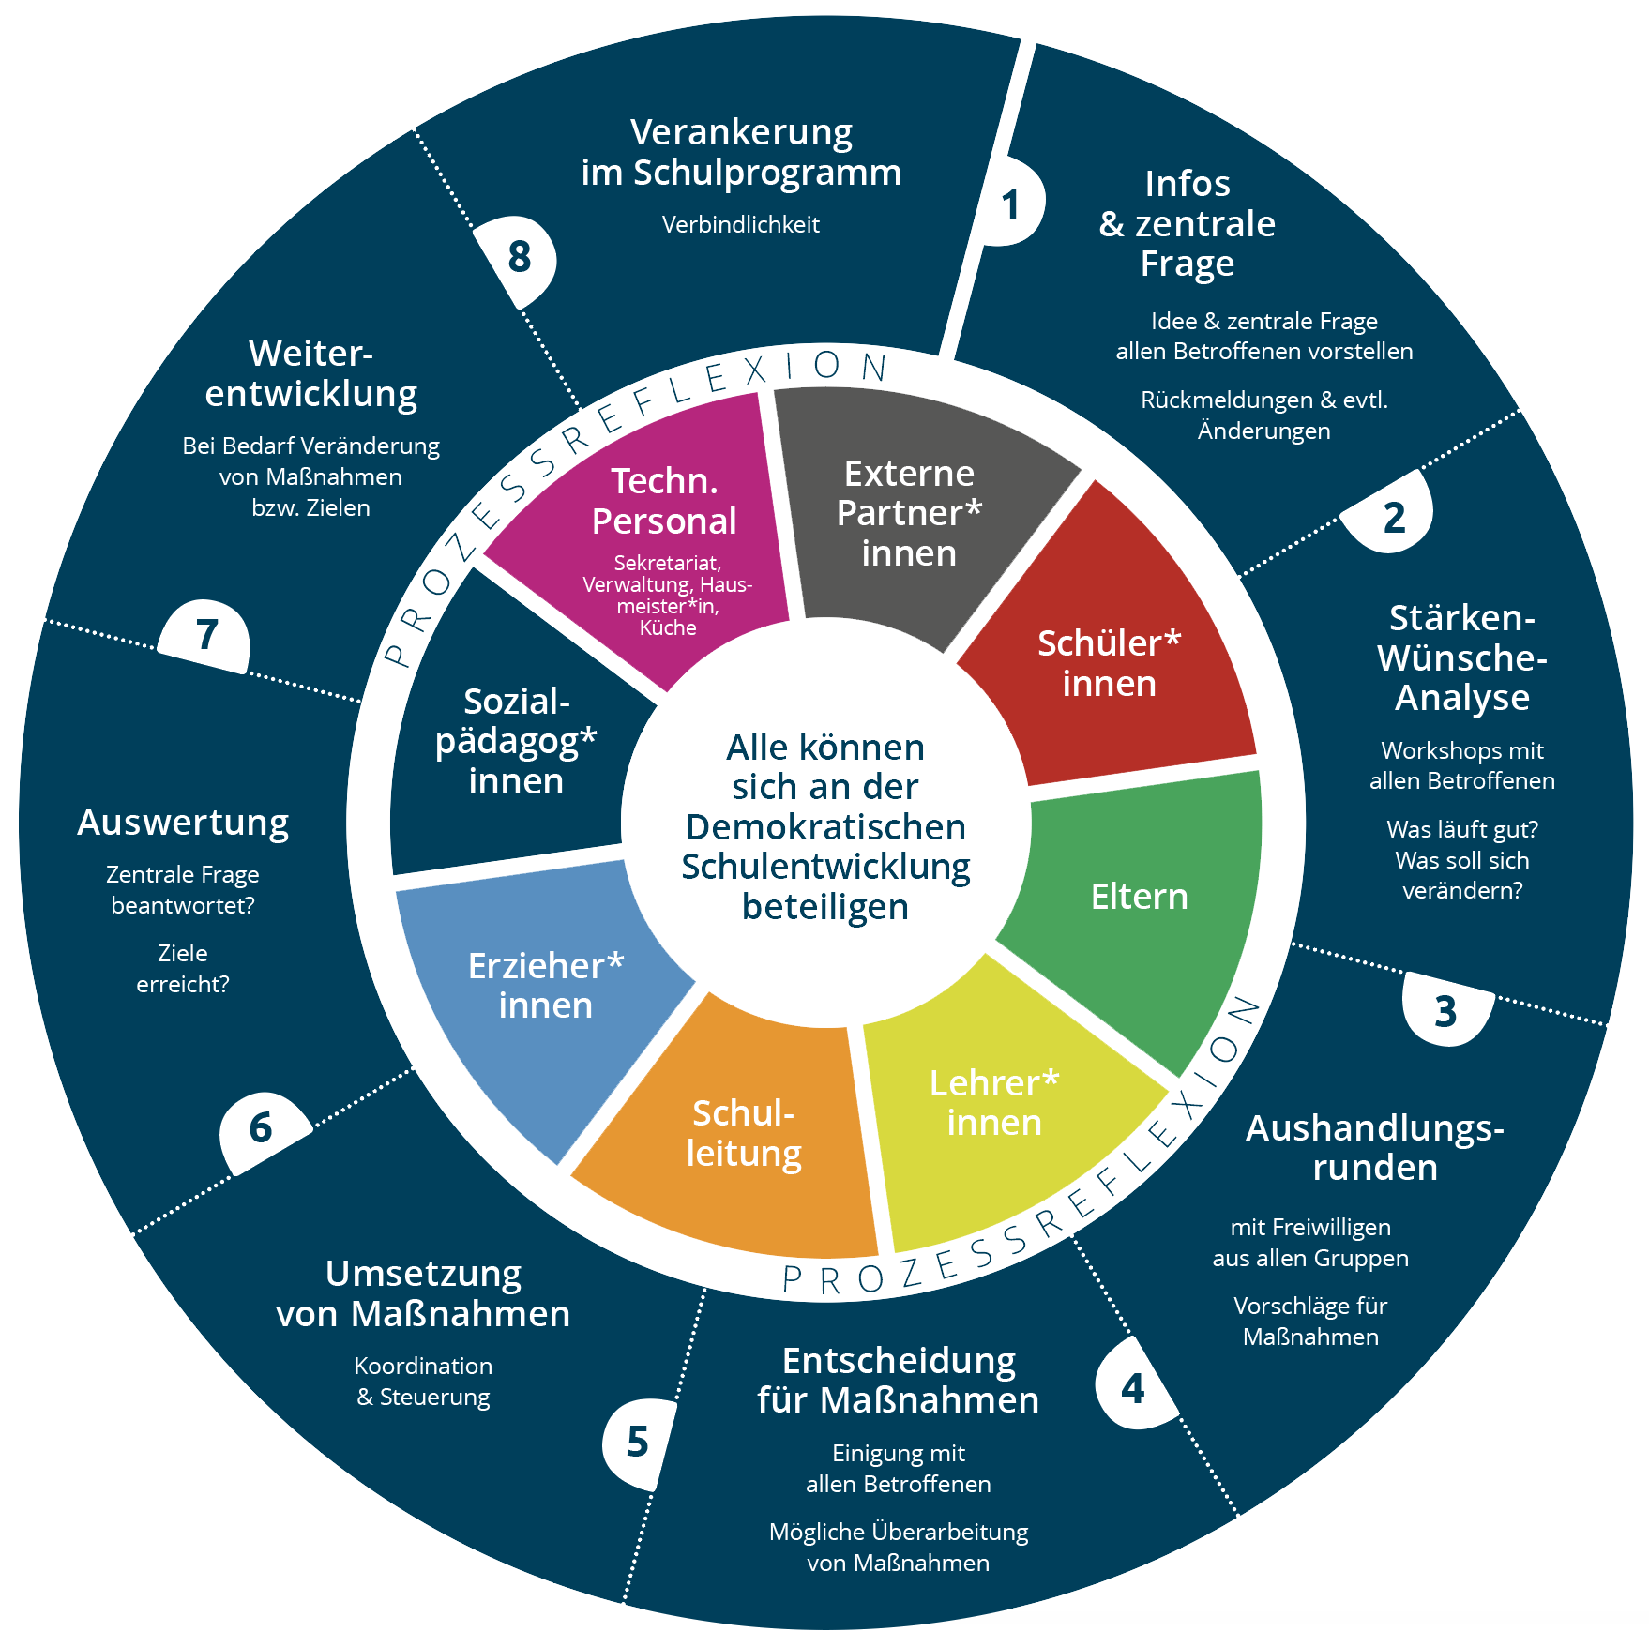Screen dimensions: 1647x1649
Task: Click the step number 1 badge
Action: [1010, 204]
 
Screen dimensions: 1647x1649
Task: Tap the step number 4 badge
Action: [1132, 1387]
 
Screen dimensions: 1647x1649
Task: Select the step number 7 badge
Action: [207, 635]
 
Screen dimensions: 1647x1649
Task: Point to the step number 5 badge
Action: [638, 1442]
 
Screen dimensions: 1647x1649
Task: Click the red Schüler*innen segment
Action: [1109, 662]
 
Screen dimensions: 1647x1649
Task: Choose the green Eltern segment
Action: [1139, 897]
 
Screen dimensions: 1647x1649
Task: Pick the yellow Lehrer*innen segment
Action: [994, 1103]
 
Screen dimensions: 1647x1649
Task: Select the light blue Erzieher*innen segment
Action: [546, 985]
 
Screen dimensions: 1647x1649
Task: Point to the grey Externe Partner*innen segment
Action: [909, 513]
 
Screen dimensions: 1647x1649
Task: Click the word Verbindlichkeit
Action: [741, 225]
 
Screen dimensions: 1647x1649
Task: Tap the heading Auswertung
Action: [183, 823]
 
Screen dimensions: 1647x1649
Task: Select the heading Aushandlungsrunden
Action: [1374, 1148]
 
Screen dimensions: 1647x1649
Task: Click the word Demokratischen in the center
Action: [825, 827]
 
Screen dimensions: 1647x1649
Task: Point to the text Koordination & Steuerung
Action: [423, 1381]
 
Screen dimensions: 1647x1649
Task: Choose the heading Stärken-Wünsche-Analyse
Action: [1461, 657]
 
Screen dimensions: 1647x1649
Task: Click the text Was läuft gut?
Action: [1461, 830]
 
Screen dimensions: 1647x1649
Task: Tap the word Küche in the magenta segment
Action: [668, 627]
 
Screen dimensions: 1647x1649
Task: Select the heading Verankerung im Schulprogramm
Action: [741, 152]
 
